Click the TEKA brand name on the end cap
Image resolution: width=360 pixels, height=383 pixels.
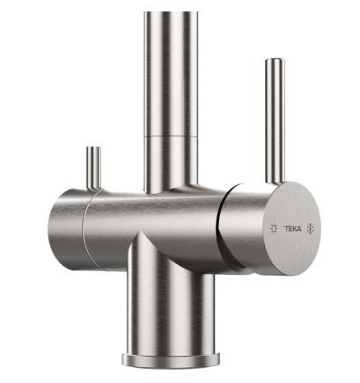(x=292, y=229)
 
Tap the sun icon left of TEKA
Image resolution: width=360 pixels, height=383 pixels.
(x=274, y=229)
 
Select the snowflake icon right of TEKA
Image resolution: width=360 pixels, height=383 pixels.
(x=310, y=229)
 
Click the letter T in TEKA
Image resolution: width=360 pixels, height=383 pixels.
(x=285, y=229)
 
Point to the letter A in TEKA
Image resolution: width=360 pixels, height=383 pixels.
(x=298, y=229)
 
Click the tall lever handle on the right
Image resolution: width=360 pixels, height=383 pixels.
(x=275, y=122)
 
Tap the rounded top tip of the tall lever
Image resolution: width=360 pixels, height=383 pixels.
(x=275, y=61)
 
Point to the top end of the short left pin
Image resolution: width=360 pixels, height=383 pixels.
(x=93, y=147)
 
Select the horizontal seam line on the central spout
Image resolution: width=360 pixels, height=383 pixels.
(x=171, y=136)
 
